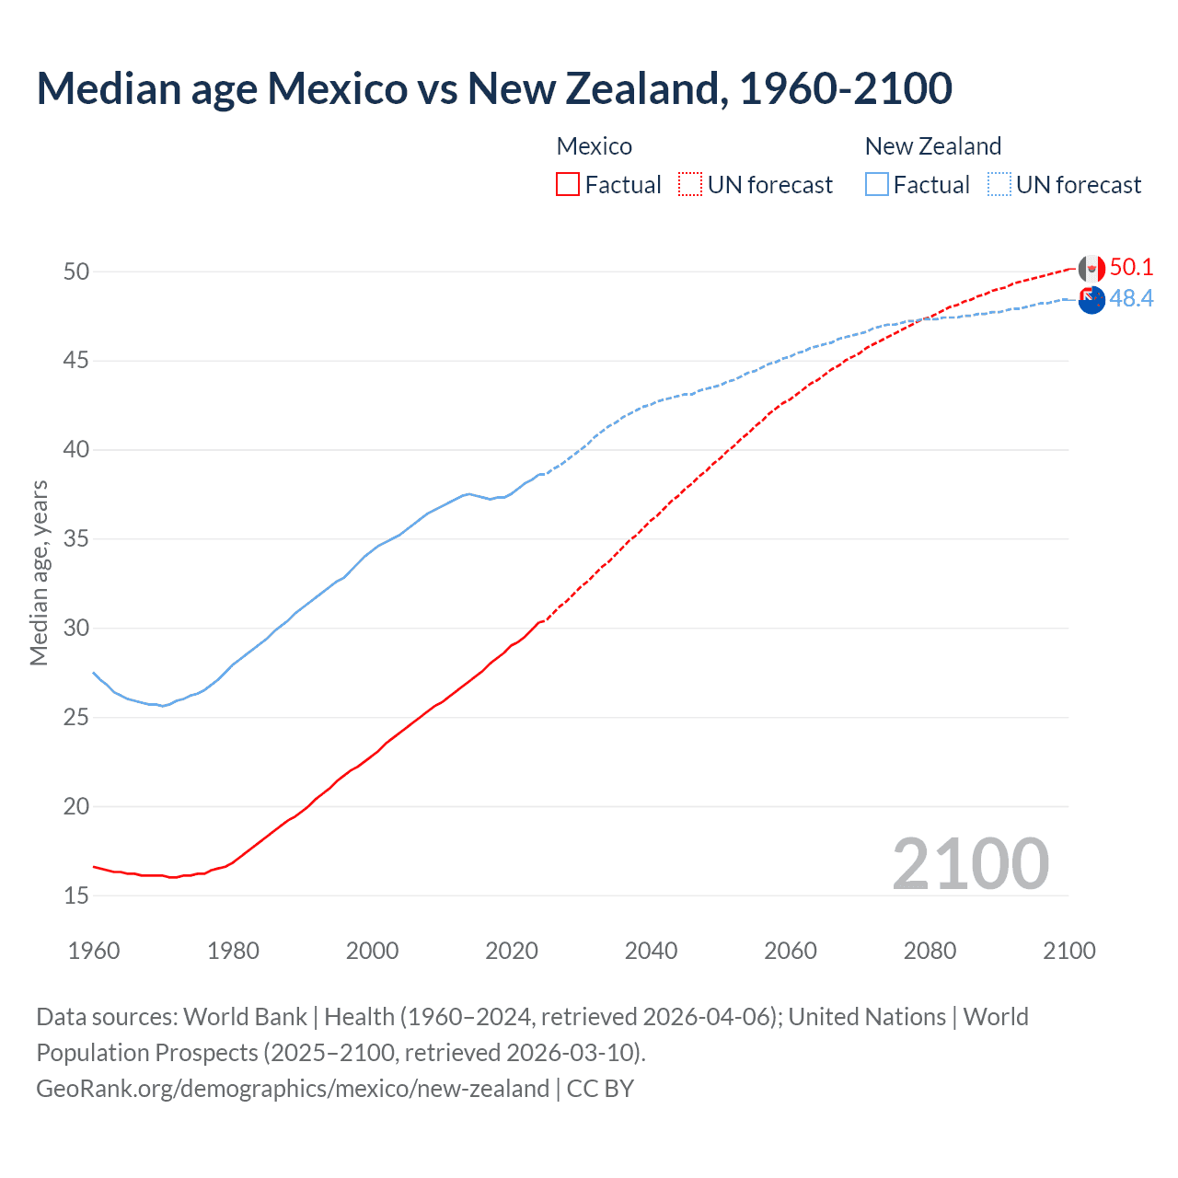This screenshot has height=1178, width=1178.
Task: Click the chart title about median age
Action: [x=494, y=88]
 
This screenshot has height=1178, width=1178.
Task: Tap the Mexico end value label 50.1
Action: [x=1131, y=268]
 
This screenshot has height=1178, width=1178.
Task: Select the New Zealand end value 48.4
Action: [x=1131, y=299]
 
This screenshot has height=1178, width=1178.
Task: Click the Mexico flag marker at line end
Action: [x=1091, y=270]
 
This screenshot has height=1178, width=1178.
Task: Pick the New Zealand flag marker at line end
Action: [x=1091, y=300]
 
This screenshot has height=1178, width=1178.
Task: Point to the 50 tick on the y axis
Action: [x=76, y=271]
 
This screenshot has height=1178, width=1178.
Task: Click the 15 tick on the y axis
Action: [x=76, y=895]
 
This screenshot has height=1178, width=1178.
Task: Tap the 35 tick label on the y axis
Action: [x=76, y=539]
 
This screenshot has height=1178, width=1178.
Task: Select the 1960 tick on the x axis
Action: [x=94, y=951]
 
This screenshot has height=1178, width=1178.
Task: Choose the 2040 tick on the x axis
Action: [x=651, y=951]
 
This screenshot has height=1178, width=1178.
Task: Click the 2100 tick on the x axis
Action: [x=1068, y=951]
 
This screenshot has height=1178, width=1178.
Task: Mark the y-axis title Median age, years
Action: [x=39, y=572]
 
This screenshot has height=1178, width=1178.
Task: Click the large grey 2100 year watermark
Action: [x=970, y=864]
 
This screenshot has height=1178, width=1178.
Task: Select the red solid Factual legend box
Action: [x=568, y=185]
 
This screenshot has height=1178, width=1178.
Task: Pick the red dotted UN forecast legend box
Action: [x=690, y=185]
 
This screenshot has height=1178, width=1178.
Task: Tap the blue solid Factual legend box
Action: [x=877, y=185]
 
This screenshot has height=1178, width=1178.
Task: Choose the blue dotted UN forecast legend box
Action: [x=999, y=185]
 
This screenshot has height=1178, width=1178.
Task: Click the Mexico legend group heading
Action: [x=595, y=146]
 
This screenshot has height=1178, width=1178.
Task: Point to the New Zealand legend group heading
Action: [x=932, y=146]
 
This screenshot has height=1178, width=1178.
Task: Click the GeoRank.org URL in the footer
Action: [x=293, y=1089]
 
